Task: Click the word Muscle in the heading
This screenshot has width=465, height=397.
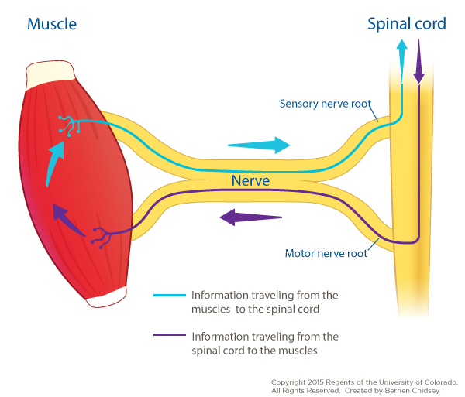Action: pos(52,24)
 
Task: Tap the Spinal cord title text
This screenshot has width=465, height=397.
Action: pos(407,24)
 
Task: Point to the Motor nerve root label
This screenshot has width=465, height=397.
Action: pos(323,253)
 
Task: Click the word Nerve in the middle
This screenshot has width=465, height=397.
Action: pos(250,181)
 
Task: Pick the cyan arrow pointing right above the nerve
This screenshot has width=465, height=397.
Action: pos(259,145)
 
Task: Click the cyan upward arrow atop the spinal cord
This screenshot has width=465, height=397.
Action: pos(401,59)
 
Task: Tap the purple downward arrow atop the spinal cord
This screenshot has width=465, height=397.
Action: pos(419,60)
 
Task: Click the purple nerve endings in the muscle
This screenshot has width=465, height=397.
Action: pos(101,236)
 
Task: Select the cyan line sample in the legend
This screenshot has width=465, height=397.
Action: pos(170,295)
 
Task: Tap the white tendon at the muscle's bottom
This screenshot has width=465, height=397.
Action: pos(105,296)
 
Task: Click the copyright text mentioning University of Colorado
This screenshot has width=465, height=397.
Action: pos(363,382)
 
